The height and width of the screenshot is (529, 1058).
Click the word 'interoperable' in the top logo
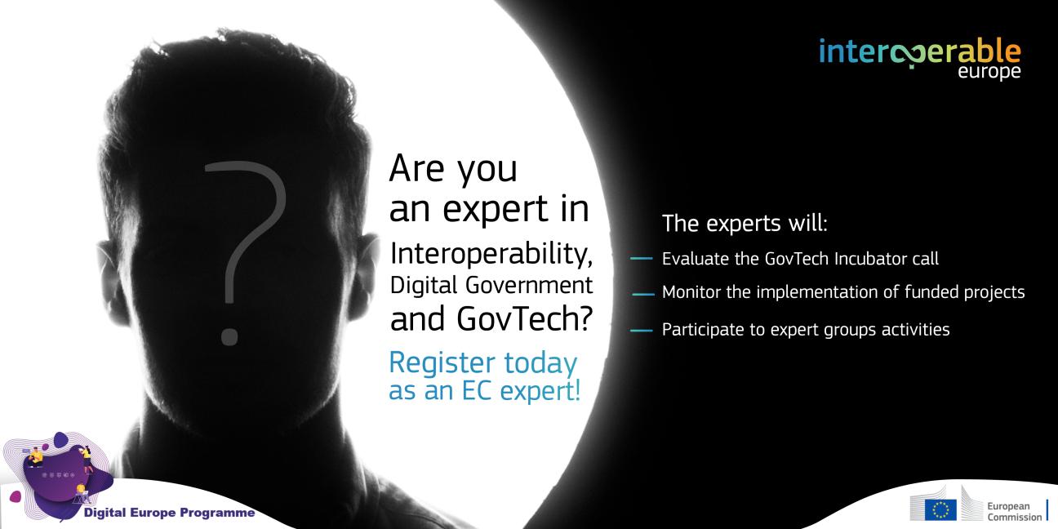click(919, 52)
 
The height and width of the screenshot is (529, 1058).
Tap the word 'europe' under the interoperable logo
click(989, 73)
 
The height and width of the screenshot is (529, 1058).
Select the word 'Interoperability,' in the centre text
click(491, 254)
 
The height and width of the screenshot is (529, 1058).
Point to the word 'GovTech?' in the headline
click(524, 318)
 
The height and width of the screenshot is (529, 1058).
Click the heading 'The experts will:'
click(745, 223)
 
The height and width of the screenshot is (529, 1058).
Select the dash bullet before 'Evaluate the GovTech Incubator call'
click(642, 258)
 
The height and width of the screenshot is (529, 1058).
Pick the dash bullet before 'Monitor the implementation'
click(643, 294)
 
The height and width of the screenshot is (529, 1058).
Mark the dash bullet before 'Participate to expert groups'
click(642, 330)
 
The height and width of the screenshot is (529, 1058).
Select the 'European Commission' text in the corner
click(1014, 512)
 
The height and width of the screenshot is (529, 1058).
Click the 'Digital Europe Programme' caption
click(169, 513)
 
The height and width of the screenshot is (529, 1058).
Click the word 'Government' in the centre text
click(529, 285)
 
